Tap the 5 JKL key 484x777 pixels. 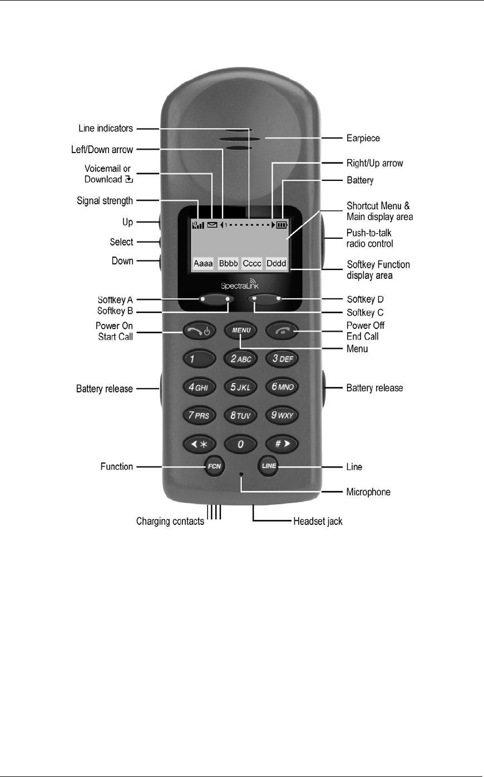click(x=241, y=387)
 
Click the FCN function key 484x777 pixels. click(x=214, y=466)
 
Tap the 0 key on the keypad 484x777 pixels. click(x=241, y=444)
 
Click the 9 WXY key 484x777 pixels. click(x=282, y=415)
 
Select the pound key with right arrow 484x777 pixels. click(x=282, y=444)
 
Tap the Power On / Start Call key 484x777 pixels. click(x=199, y=331)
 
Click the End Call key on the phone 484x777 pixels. click(x=282, y=331)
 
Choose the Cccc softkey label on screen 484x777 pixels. click(x=252, y=263)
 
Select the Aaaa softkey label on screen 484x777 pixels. click(x=203, y=263)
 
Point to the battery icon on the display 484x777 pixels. click(x=282, y=225)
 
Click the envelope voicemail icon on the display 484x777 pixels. click(x=212, y=225)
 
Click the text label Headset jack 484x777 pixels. click(x=318, y=522)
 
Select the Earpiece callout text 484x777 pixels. click(x=363, y=138)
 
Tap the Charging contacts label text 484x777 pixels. click(x=170, y=522)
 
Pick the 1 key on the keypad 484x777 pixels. click(x=199, y=359)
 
